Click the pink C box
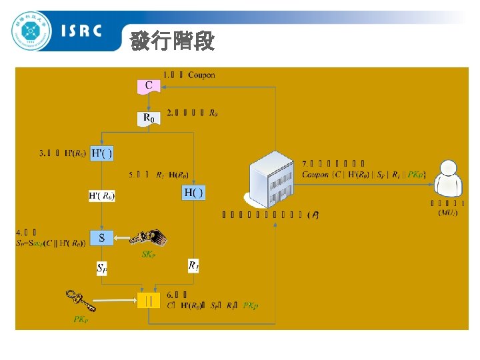[149, 85]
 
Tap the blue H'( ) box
[101, 154]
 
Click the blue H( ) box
[193, 193]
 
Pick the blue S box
[101, 237]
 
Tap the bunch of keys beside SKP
[148, 237]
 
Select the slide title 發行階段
[172, 41]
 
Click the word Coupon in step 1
[201, 75]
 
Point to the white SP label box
[102, 268]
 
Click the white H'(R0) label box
[102, 196]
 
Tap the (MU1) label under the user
[447, 213]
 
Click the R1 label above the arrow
[193, 265]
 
